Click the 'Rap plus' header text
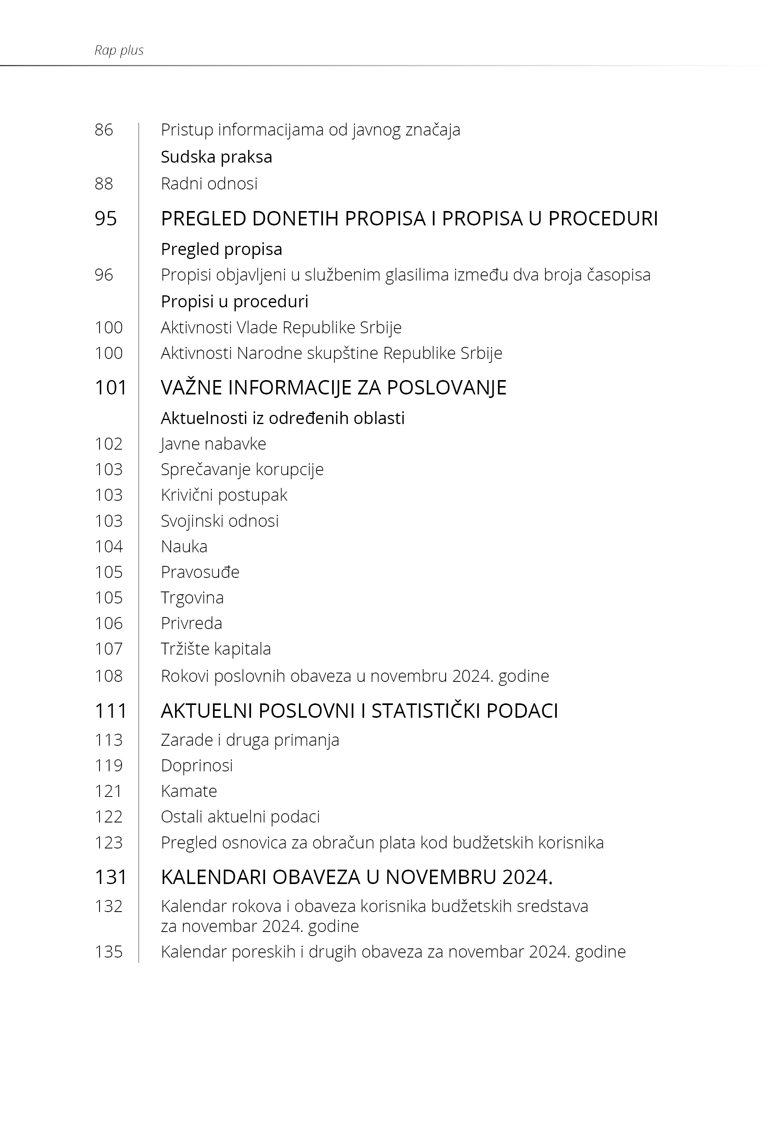[119, 50]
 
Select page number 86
[104, 130]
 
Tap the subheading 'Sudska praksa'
[216, 157]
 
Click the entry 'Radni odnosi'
[209, 183]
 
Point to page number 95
[106, 219]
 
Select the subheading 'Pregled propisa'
[221, 249]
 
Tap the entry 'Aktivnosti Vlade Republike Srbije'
[281, 327]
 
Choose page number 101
[111, 388]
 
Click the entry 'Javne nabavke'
[213, 444]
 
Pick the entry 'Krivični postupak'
[224, 495]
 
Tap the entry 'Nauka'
[184, 546]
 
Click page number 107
[108, 649]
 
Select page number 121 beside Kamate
[108, 791]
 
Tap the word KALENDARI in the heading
[213, 877]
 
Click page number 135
[108, 952]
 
